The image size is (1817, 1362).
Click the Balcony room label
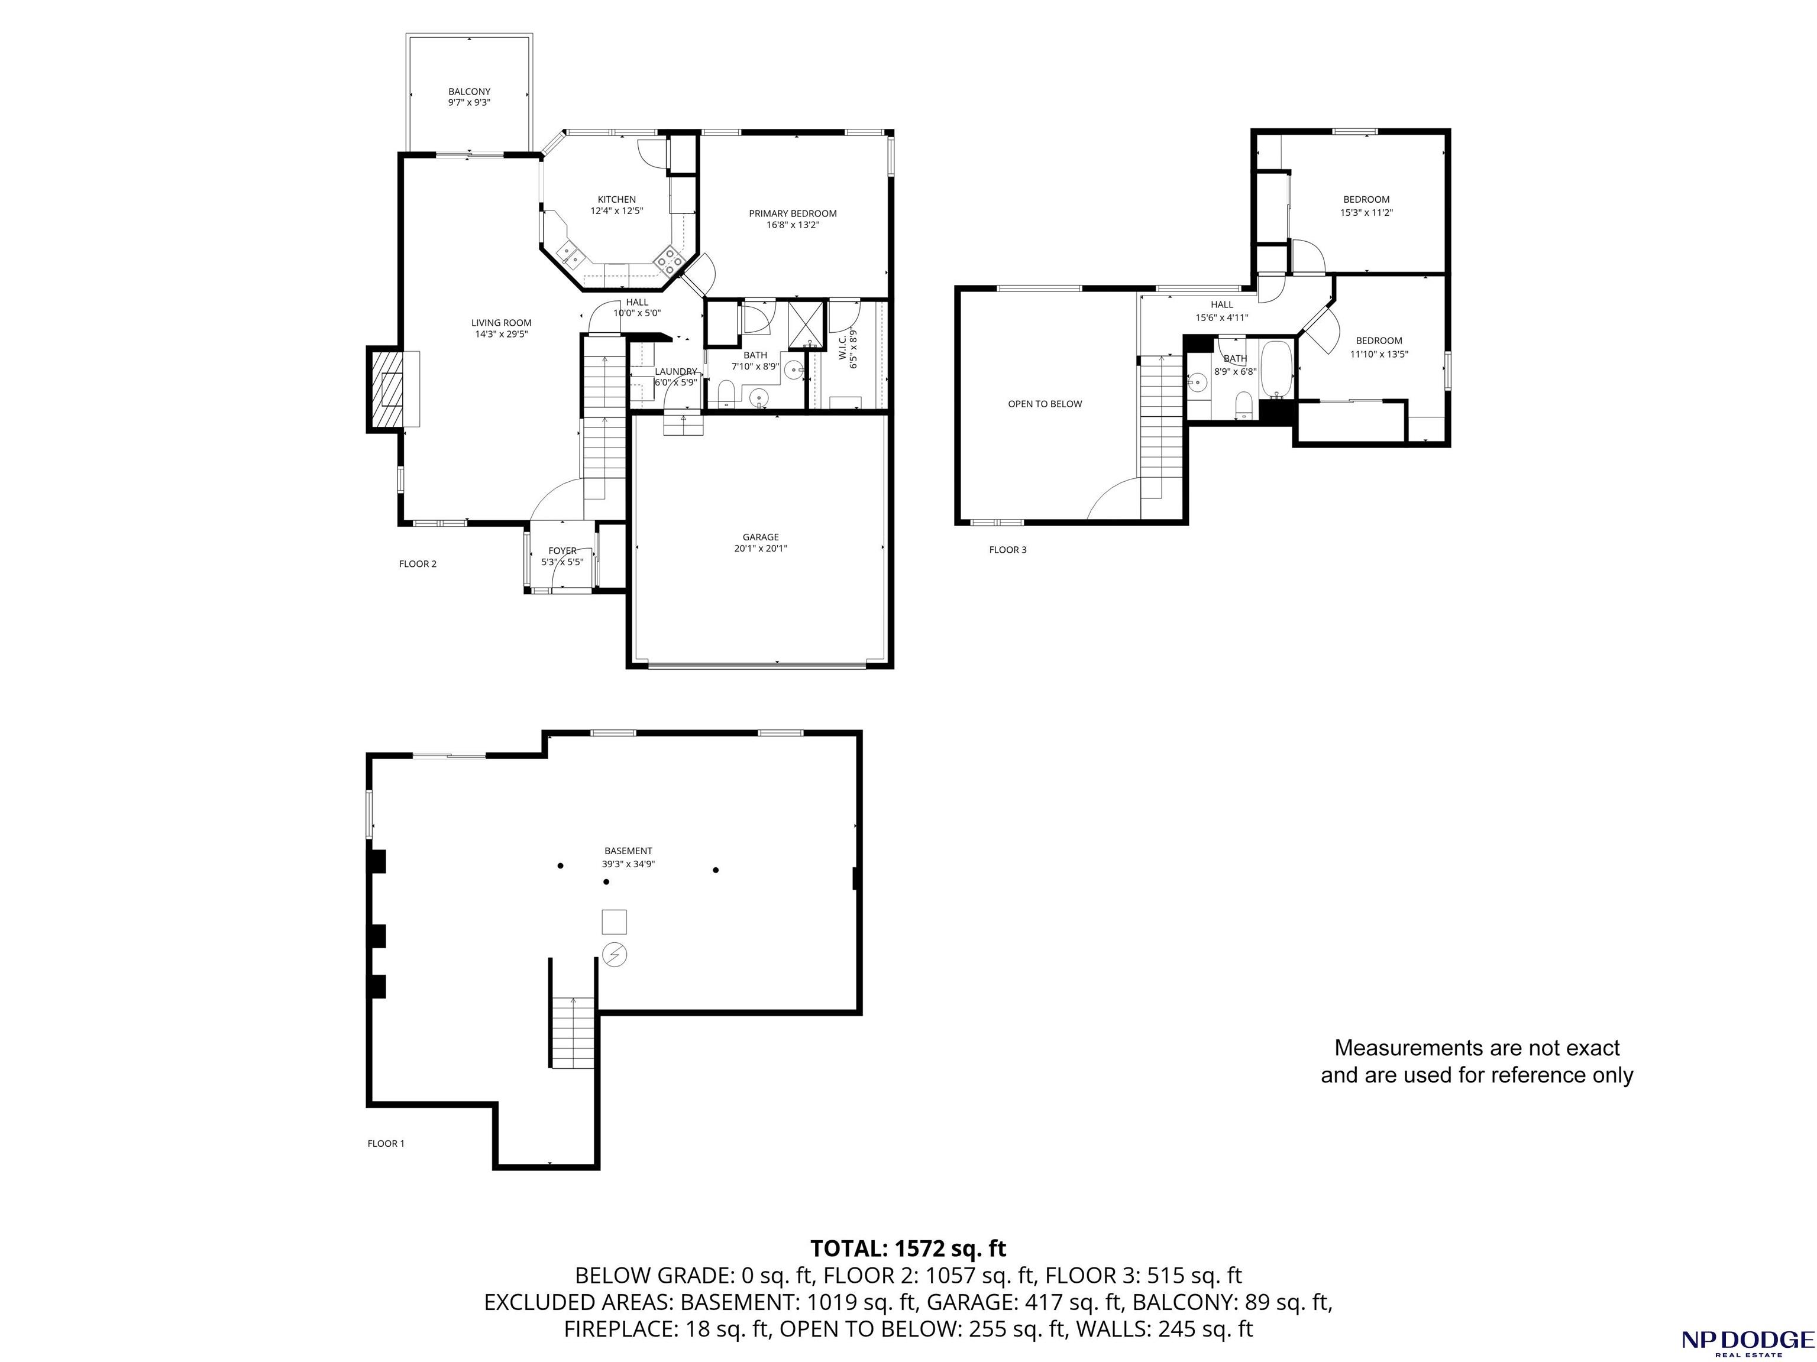[x=469, y=91]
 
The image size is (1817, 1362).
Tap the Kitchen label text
[x=616, y=199]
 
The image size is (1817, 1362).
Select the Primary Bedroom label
[x=793, y=213]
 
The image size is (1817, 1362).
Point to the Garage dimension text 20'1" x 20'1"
[x=761, y=549]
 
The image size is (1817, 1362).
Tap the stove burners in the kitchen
[x=670, y=262]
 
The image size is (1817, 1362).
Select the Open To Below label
[x=1045, y=404]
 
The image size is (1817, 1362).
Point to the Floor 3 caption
[x=1008, y=550]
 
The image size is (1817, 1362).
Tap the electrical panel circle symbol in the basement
[x=615, y=954]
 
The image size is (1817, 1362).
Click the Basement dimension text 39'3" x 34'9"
[x=628, y=864]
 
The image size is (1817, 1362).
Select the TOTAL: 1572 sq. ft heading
[x=908, y=1248]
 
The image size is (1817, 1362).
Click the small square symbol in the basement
[x=615, y=922]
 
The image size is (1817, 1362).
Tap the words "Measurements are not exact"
[x=1477, y=1048]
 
